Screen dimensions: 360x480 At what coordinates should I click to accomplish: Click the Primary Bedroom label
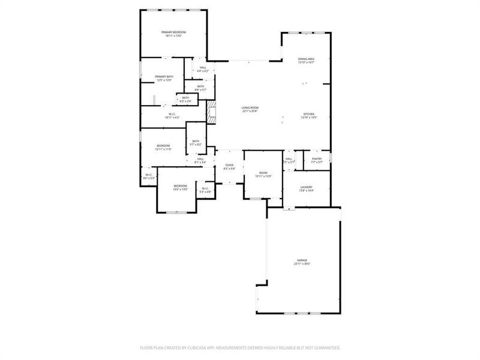173,32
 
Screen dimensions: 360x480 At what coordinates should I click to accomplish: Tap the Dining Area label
306,59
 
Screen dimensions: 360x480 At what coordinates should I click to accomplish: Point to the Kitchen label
308,114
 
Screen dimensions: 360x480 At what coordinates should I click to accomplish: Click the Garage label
302,260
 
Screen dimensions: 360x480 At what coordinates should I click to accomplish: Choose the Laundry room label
306,187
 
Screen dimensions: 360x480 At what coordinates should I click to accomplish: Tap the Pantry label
317,159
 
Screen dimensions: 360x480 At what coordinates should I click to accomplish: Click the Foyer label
229,165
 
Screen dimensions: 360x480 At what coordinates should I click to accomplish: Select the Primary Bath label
164,76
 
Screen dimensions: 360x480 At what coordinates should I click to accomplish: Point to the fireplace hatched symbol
210,112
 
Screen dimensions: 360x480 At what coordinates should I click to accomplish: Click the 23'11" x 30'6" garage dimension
302,264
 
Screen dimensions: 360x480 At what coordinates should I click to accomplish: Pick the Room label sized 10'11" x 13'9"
263,173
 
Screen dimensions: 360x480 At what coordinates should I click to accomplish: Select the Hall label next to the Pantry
289,159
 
